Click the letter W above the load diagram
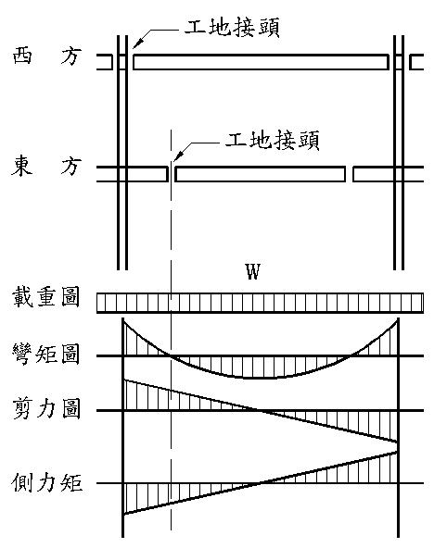pyautogui.click(x=253, y=272)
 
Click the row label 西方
pyautogui.click(x=47, y=56)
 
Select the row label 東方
pyautogui.click(x=46, y=166)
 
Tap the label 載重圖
pyautogui.click(x=45, y=297)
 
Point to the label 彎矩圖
pyautogui.click(x=45, y=354)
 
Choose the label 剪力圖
pyautogui.click(x=46, y=408)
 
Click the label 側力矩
pyautogui.click(x=46, y=482)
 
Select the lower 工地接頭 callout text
pyautogui.click(x=272, y=140)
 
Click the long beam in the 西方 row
pyautogui.click(x=261, y=62)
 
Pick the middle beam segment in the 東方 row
pyautogui.click(x=260, y=174)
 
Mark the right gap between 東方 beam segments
pyautogui.click(x=349, y=174)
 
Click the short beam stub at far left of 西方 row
pyautogui.click(x=105, y=62)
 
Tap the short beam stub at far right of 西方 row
pyautogui.click(x=416, y=62)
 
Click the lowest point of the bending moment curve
pyautogui.click(x=260, y=379)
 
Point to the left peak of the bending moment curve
pyautogui.click(x=122, y=319)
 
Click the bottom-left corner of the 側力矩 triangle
pyautogui.click(x=123, y=514)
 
